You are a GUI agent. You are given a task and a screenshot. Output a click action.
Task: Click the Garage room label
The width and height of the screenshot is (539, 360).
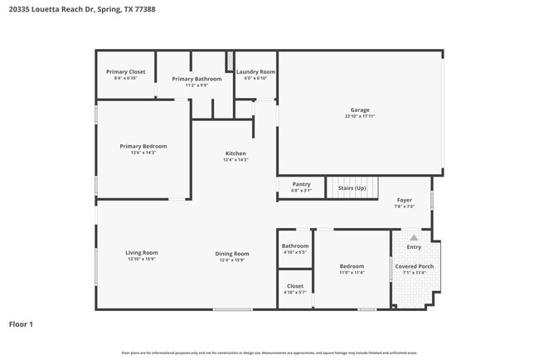tap(359, 109)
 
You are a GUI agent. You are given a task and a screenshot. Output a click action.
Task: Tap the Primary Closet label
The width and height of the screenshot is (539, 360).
tap(125, 72)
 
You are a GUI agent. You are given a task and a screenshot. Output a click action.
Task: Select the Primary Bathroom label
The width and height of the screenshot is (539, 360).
tap(197, 79)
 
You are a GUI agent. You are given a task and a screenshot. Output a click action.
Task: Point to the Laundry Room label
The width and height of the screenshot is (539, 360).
tap(255, 72)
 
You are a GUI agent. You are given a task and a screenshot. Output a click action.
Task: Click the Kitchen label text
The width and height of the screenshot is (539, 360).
tap(236, 153)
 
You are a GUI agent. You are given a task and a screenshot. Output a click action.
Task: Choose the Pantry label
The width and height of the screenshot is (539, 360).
tap(301, 184)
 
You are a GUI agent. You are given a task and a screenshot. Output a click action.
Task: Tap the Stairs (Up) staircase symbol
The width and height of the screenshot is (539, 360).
tap(352, 188)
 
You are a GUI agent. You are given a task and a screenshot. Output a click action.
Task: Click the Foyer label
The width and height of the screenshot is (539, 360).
tap(404, 200)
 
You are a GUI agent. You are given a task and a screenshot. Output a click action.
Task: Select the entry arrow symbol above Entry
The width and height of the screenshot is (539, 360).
tap(414, 237)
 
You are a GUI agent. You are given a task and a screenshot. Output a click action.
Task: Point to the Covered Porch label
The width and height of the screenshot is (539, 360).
tap(414, 266)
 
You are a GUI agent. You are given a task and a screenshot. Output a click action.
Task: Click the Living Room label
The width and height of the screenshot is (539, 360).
tap(142, 253)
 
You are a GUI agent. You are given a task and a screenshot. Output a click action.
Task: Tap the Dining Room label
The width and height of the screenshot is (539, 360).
tap(232, 254)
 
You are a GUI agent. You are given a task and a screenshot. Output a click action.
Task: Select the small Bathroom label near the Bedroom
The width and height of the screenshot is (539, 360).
tap(294, 246)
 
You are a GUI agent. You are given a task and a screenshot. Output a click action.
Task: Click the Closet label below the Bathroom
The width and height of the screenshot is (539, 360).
tap(294, 286)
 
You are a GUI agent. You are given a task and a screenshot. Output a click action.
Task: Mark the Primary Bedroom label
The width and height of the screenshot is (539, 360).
tap(143, 146)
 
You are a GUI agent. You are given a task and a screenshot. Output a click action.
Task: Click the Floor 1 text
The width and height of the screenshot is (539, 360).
tap(21, 324)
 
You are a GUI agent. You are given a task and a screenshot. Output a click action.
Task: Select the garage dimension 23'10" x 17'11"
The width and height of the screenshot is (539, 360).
tap(359, 116)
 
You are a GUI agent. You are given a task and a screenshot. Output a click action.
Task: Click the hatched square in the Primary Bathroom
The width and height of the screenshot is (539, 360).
tap(230, 61)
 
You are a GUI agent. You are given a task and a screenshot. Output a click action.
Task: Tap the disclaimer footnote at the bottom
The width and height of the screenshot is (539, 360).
tap(269, 353)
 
